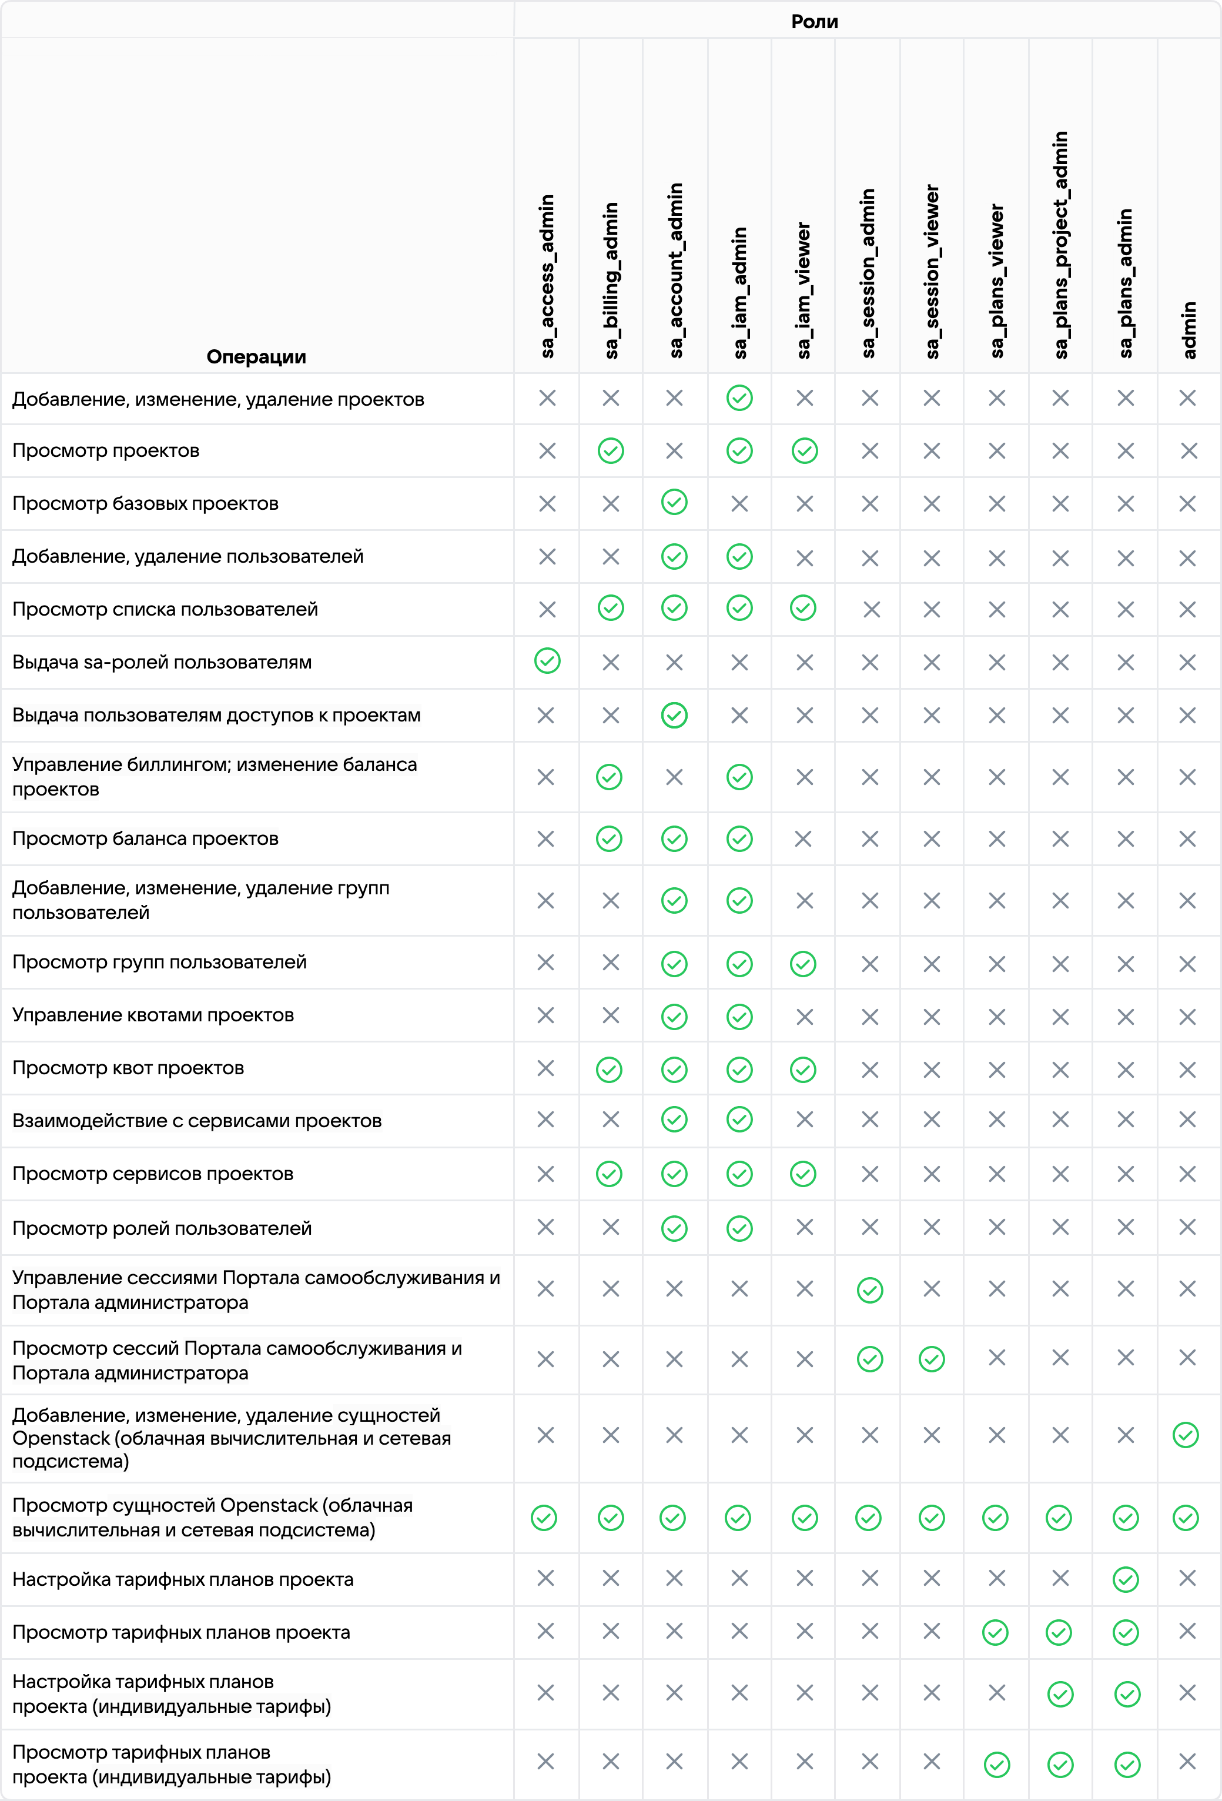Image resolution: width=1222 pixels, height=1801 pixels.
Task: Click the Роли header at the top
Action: [x=815, y=22]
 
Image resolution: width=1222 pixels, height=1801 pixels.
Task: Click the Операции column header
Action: [x=256, y=356]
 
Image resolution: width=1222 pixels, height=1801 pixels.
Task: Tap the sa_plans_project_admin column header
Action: [x=1061, y=245]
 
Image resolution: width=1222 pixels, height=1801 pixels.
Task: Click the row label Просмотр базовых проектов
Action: [x=145, y=504]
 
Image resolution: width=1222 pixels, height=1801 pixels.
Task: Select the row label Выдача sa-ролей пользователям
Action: [x=162, y=663]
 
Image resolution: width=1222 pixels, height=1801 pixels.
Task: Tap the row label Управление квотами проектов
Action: [x=153, y=1015]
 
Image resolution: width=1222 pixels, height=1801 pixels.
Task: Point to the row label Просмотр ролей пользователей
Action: [x=162, y=1228]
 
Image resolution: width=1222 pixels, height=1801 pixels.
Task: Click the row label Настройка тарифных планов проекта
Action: [x=183, y=1579]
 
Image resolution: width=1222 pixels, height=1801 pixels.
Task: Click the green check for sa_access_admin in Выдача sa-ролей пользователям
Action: [x=547, y=661]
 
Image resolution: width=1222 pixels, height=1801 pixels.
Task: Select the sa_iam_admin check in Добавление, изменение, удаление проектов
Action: [x=739, y=398]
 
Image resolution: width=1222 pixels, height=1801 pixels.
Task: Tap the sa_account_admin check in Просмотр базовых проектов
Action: [x=674, y=502]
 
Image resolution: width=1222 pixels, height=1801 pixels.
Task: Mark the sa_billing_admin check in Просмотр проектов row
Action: [x=611, y=451]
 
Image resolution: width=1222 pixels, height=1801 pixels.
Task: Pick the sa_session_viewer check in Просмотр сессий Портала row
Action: [x=932, y=1359]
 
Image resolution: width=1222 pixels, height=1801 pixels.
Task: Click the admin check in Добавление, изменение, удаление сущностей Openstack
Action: [x=1186, y=1435]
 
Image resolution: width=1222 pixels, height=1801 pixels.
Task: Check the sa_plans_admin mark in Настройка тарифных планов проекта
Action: [x=1125, y=1579]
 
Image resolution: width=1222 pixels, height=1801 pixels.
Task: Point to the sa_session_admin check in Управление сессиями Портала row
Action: [x=870, y=1290]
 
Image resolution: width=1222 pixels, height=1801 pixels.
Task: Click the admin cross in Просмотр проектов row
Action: [x=1188, y=451]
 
